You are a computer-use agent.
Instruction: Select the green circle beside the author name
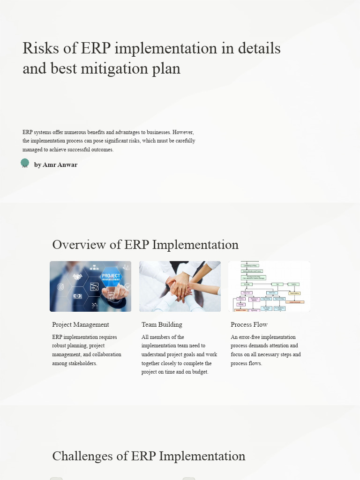[x=25, y=163]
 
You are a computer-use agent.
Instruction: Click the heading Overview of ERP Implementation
[x=145, y=245]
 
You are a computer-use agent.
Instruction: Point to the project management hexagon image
[x=90, y=286]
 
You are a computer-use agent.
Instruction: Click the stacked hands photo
[x=180, y=286]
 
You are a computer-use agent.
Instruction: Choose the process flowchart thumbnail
[x=269, y=286]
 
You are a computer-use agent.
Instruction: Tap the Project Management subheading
[x=80, y=324]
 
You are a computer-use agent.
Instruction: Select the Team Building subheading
[x=162, y=324]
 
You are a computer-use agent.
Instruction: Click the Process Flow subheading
[x=249, y=324]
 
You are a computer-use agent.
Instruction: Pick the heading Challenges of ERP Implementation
[x=149, y=456]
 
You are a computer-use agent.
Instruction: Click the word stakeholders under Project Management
[x=81, y=363]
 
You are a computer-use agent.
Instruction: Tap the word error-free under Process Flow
[x=251, y=337]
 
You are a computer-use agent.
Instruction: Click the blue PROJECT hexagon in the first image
[x=111, y=277]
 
